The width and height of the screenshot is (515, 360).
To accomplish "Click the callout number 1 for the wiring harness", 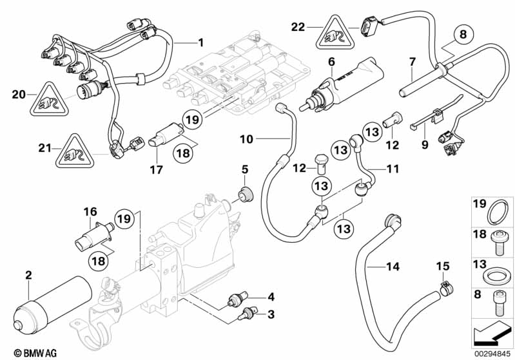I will click(x=200, y=43).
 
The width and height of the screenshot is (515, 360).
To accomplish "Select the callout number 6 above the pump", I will click(x=331, y=62).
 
